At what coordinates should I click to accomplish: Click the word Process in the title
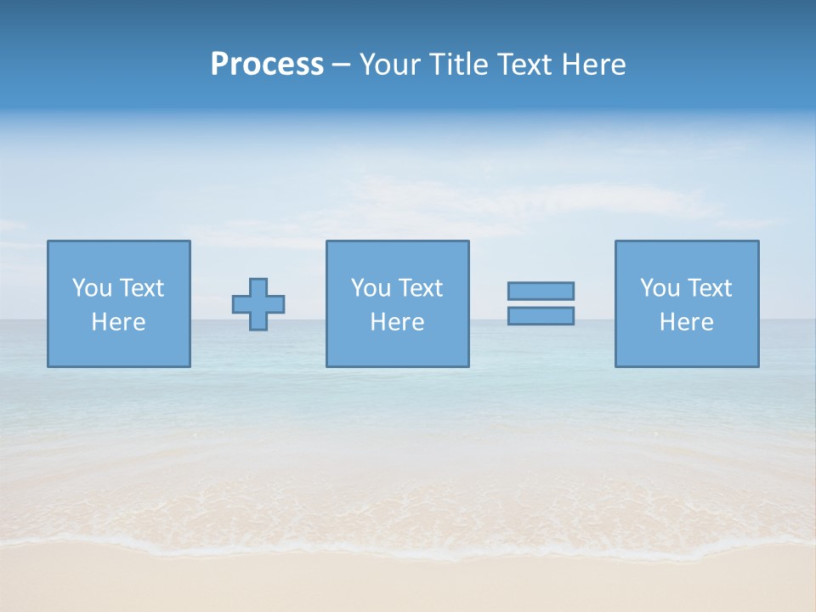click(267, 65)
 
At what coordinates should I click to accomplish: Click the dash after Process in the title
click(342, 65)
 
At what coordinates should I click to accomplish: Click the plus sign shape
click(258, 304)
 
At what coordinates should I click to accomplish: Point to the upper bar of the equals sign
click(541, 291)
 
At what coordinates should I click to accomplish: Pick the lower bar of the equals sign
click(541, 315)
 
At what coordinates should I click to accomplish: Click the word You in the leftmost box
click(92, 288)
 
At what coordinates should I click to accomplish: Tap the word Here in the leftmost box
click(119, 322)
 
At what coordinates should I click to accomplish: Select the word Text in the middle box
click(421, 288)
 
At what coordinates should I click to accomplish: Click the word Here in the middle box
click(398, 322)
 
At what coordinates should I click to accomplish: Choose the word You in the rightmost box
click(660, 288)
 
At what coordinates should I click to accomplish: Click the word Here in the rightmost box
click(687, 322)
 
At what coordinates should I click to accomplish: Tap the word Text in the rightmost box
click(710, 288)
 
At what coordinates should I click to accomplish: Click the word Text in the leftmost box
click(142, 288)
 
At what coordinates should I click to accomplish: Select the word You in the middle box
click(371, 288)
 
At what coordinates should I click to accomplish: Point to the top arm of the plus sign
click(258, 286)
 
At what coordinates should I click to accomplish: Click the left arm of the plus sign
click(241, 304)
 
